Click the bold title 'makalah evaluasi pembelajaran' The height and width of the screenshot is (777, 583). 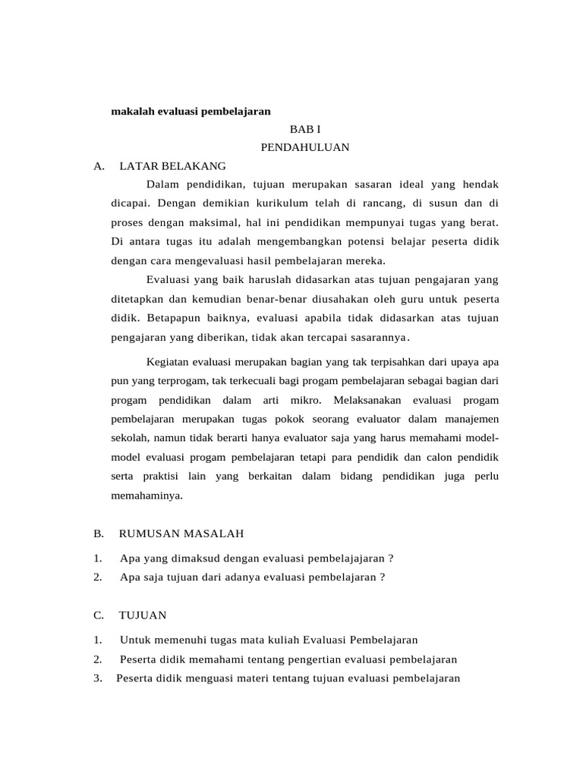tap(191, 111)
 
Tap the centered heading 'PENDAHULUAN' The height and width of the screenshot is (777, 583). tap(305, 148)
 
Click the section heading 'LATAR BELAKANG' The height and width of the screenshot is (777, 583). tap(172, 166)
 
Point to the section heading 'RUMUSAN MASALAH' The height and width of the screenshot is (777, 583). tap(181, 533)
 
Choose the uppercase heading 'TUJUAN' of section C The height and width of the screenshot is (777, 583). tap(143, 615)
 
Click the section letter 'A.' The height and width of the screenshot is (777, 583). tap(99, 166)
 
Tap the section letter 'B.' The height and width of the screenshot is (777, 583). tap(99, 533)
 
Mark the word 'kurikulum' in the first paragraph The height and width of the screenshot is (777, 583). tap(257, 203)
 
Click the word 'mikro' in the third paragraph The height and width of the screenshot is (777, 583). tap(306, 399)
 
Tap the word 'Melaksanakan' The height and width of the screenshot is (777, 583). tap(367, 399)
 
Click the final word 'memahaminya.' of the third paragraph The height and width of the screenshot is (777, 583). tap(147, 495)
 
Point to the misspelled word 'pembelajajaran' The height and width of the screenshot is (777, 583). tap(345, 558)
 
